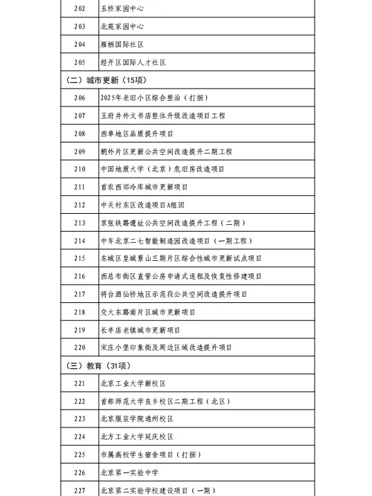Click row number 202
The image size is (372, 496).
pyautogui.click(x=80, y=9)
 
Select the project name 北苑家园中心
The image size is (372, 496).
pyautogui.click(x=122, y=27)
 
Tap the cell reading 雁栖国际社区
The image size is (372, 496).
pyautogui.click(x=122, y=45)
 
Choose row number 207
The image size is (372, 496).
pyautogui.click(x=80, y=116)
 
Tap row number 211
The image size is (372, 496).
pyautogui.click(x=80, y=187)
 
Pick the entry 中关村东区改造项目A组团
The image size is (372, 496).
pyautogui.click(x=142, y=205)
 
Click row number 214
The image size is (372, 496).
pyautogui.click(x=80, y=241)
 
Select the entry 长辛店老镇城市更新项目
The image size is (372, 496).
pyautogui.click(x=140, y=330)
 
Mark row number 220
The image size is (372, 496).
pyautogui.click(x=80, y=347)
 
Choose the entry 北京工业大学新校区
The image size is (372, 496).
pyautogui.click(x=133, y=383)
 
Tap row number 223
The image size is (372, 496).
pyautogui.click(x=80, y=419)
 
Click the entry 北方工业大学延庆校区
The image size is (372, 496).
pyautogui.click(x=137, y=437)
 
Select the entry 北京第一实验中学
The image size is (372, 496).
pyautogui.click(x=129, y=472)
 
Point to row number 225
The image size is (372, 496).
pyautogui.click(x=80, y=454)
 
